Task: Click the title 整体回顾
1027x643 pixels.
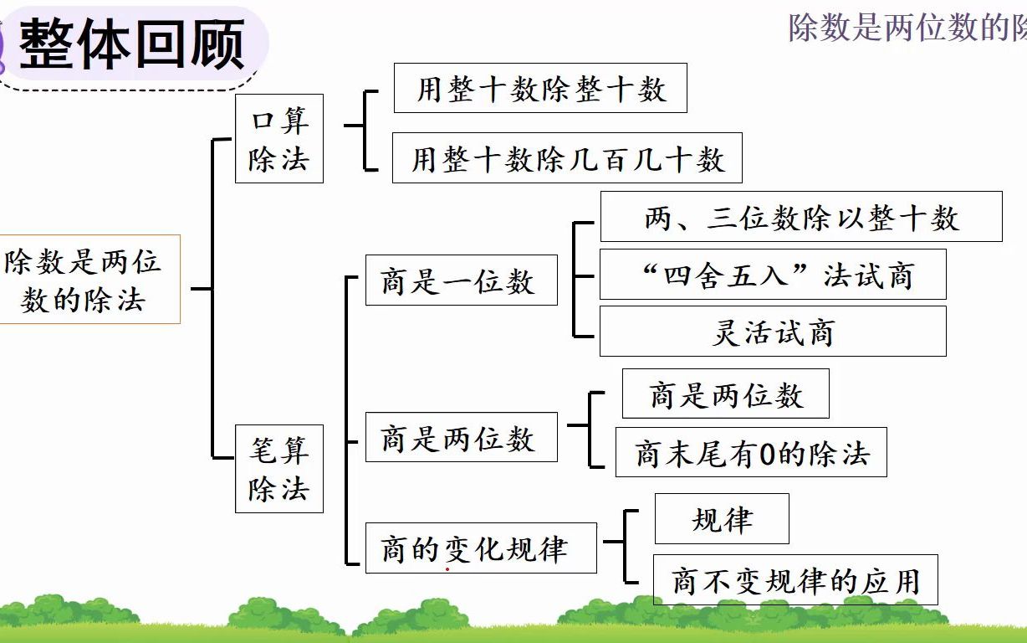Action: click(x=132, y=44)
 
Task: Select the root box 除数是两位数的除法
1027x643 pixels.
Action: click(x=84, y=280)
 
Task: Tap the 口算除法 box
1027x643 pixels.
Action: click(x=278, y=139)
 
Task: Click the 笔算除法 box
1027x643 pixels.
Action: click(x=278, y=469)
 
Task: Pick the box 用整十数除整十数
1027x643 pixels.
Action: click(x=540, y=88)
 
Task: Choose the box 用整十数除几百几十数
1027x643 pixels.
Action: click(x=567, y=158)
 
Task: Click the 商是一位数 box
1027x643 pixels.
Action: click(x=461, y=280)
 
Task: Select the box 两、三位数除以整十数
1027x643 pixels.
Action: click(x=800, y=217)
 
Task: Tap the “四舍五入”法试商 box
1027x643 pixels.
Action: click(x=773, y=275)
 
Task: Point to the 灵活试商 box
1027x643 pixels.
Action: click(x=773, y=332)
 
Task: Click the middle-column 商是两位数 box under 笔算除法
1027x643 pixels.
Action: click(x=461, y=437)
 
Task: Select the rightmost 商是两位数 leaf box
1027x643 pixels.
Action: click(x=725, y=394)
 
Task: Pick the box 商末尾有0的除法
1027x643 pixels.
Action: click(x=751, y=453)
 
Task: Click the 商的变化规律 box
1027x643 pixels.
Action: click(x=481, y=548)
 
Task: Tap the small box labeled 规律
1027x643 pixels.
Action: click(x=721, y=519)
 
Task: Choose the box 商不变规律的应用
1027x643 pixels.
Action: click(x=795, y=579)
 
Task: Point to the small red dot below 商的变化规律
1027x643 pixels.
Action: click(x=447, y=569)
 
